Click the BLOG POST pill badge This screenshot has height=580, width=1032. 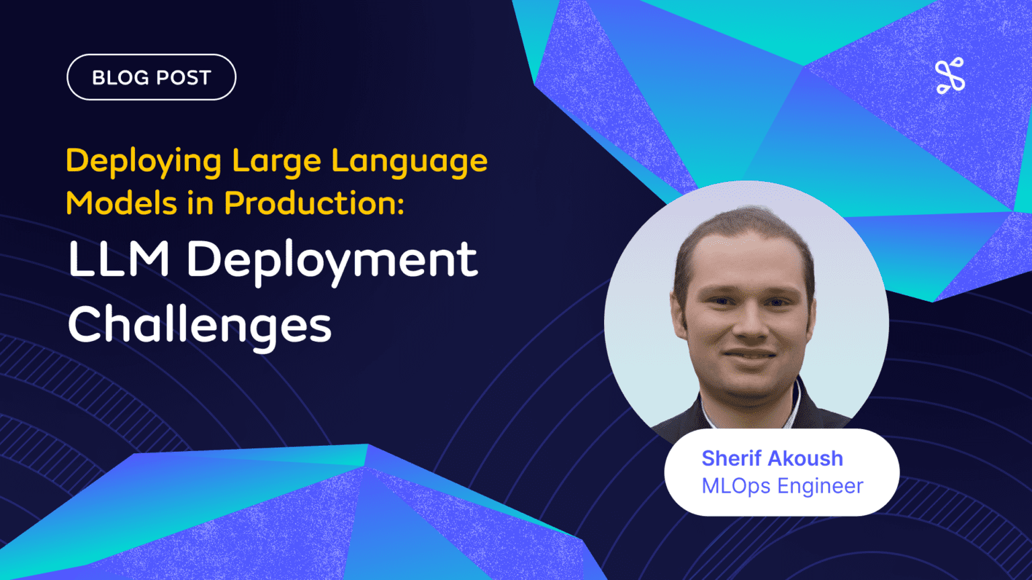click(151, 77)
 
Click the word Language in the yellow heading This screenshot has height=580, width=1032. click(409, 162)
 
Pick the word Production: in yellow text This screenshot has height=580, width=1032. click(314, 203)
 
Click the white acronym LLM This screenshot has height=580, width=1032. click(118, 259)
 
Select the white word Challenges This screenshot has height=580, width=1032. click(200, 325)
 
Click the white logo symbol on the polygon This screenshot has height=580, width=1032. click(949, 75)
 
